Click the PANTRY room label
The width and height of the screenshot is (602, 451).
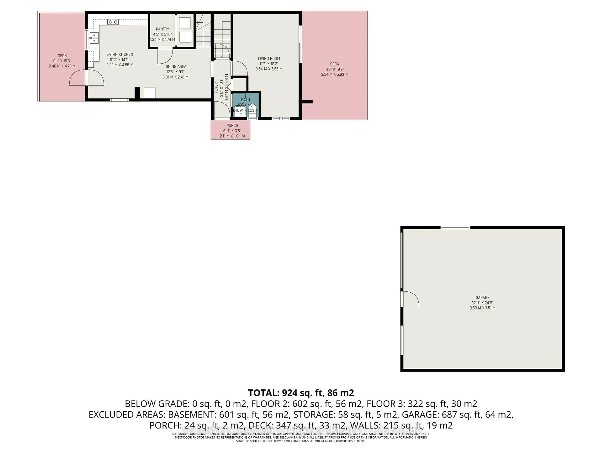(162, 29)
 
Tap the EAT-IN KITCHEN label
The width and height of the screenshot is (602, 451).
(120, 54)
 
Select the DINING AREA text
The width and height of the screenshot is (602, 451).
(176, 67)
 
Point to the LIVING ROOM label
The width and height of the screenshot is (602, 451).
(269, 58)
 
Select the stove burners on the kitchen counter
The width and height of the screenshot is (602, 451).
(113, 22)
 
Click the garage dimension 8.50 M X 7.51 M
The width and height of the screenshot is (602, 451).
(483, 308)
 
